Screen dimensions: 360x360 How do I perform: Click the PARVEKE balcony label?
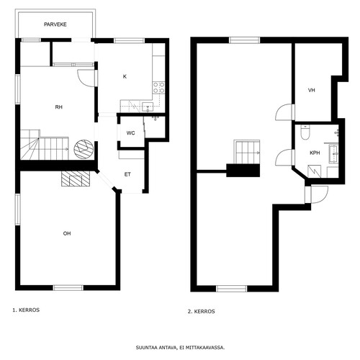pos(55,24)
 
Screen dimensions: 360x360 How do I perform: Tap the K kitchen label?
pos(125,76)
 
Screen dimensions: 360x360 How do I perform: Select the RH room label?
pos(59,107)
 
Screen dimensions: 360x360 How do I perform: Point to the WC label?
pos(130,133)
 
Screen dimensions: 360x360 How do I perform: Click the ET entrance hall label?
pos(127,174)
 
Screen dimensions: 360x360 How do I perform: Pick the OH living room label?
pos(67,233)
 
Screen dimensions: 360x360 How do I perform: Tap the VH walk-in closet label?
pos(312,90)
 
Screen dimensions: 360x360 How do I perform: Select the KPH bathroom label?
pos(315,153)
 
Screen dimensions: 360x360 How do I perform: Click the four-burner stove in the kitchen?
pos(158,87)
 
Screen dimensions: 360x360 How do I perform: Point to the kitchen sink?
pos(148,107)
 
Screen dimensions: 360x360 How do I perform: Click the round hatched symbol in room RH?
pos(84,149)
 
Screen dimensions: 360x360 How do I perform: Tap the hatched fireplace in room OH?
pos(76,179)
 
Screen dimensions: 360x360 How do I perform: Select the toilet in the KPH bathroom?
pos(305,132)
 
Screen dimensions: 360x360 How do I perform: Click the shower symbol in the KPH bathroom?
pos(314,171)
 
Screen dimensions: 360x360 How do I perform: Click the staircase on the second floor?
pos(247,152)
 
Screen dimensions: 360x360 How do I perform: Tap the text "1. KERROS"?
pos(26,310)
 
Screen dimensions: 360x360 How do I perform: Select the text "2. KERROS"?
pos(201,312)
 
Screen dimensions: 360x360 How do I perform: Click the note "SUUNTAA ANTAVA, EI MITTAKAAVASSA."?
pos(180,348)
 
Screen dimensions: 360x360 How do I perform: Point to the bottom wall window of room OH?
pos(68,288)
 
